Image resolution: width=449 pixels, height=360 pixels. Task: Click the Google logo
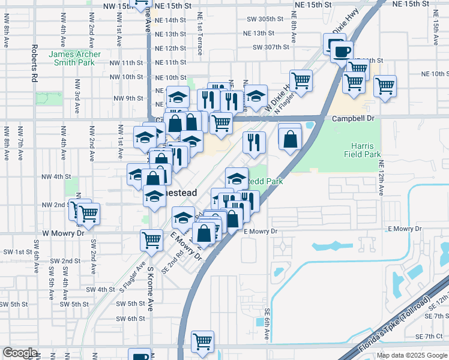point(20,353)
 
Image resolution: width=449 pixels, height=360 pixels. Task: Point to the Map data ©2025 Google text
point(411,355)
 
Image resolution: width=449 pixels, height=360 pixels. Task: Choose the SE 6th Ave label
point(267,323)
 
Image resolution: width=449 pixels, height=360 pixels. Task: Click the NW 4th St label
point(56,177)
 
